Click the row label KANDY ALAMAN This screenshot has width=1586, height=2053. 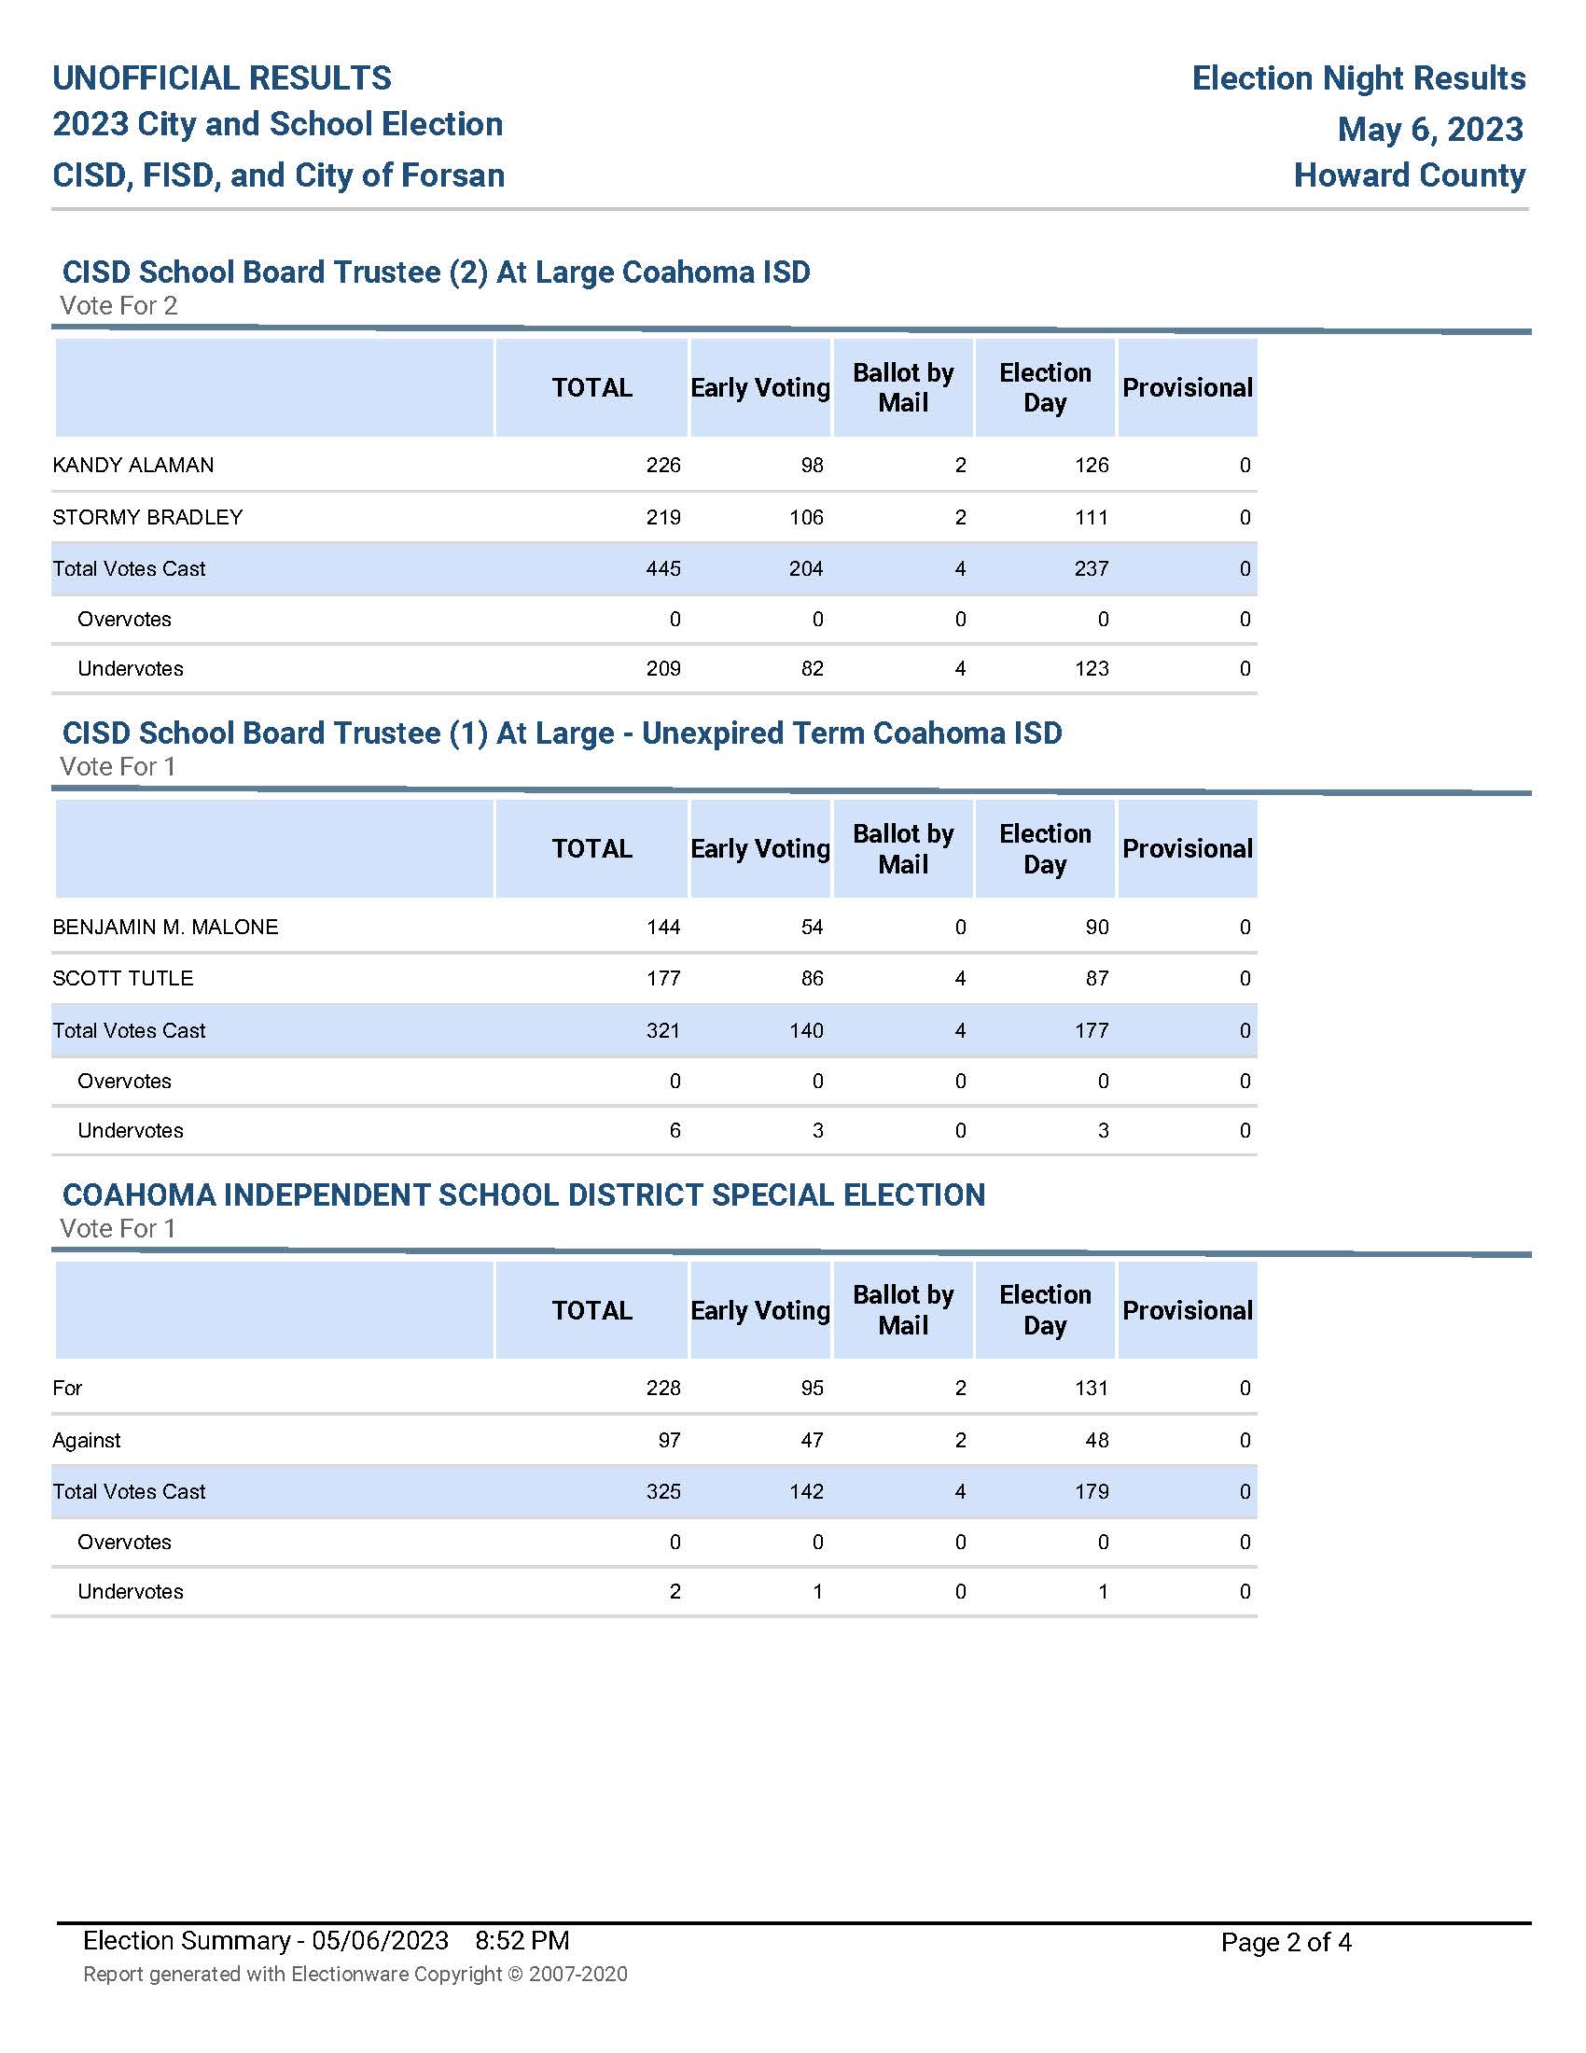coord(133,466)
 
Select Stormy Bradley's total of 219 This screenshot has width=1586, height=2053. coord(663,517)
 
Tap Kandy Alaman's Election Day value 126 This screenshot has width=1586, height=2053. coord(1092,466)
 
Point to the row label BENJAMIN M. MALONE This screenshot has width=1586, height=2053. coord(165,927)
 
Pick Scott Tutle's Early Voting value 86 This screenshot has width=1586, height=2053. coord(812,979)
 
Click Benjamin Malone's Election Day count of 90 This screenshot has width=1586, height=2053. coord(1097,927)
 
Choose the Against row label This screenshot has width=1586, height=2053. coord(87,1440)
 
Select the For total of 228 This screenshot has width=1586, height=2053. coord(663,1389)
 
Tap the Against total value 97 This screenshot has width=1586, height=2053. coord(669,1440)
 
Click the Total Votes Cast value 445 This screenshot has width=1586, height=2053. coord(663,568)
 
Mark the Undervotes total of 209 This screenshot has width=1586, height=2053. coord(663,668)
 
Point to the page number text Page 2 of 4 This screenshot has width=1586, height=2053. coord(1287,1942)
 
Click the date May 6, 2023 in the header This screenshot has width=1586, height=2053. coord(1430,129)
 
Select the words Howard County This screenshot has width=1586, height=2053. coord(1410,175)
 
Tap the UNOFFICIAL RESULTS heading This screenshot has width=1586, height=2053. coord(222,78)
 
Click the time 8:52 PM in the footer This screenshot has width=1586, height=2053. coord(522,1941)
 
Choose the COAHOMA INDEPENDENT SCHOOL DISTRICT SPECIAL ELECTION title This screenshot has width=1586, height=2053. coord(523,1194)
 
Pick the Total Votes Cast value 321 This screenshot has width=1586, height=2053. coord(663,1030)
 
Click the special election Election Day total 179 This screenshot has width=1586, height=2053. coord(1092,1492)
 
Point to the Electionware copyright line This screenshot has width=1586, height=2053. coord(355,1974)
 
